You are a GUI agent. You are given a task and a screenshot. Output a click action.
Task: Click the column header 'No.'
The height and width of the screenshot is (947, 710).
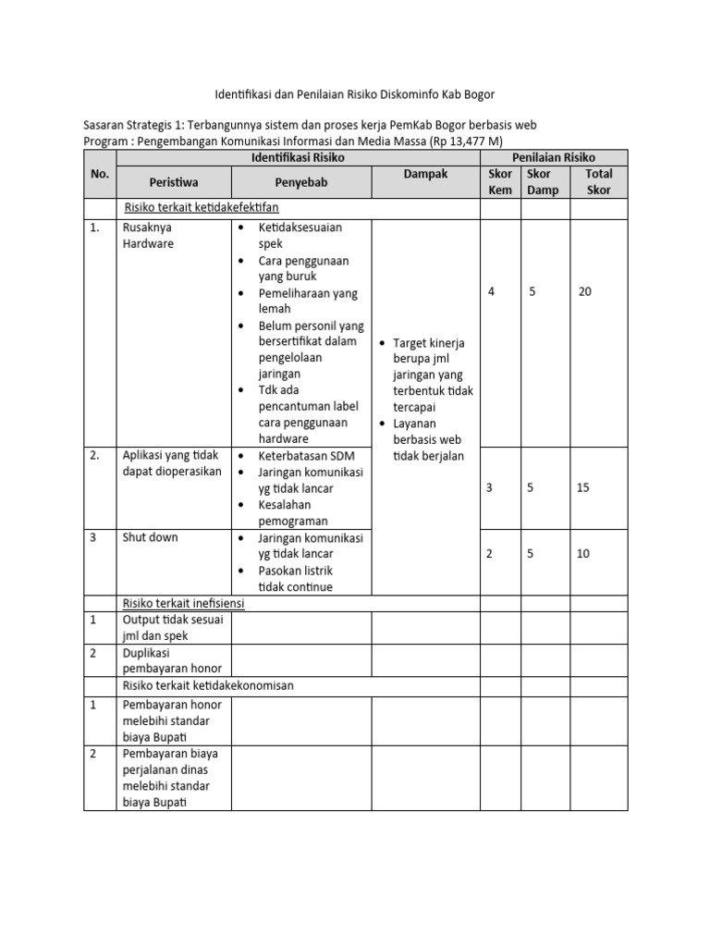(x=100, y=174)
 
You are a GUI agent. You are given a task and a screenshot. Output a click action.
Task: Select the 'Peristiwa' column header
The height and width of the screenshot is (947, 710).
(x=175, y=182)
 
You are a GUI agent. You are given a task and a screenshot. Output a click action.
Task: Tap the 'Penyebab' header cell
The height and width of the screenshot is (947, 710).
(x=300, y=182)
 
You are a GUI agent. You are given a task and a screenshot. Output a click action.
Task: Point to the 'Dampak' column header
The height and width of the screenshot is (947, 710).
(x=425, y=174)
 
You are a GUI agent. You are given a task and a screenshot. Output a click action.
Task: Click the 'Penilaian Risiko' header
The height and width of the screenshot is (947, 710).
(x=554, y=158)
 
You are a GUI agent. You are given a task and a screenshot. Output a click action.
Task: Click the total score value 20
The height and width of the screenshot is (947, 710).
(x=585, y=292)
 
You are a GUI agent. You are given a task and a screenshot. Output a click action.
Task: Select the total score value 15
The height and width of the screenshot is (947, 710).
(x=583, y=487)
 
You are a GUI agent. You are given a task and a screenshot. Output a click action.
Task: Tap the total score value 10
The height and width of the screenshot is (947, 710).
(x=583, y=554)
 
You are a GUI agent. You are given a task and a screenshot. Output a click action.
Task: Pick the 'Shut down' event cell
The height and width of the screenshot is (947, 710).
(x=151, y=537)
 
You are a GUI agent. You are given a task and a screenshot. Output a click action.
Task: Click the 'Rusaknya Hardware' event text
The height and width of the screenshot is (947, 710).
(x=147, y=235)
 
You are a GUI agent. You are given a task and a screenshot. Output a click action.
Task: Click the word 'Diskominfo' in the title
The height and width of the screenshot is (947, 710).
(x=411, y=94)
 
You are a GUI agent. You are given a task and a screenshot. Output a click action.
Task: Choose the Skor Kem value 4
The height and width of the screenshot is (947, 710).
(x=491, y=292)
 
